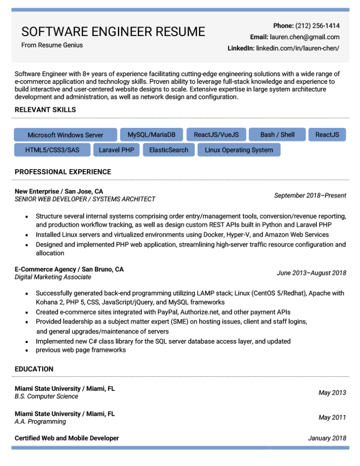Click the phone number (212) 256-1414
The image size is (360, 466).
click(317, 25)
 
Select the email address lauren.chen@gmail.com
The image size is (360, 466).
click(304, 37)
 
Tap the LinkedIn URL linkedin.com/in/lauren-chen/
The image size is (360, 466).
click(298, 48)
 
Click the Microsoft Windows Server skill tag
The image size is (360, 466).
click(65, 135)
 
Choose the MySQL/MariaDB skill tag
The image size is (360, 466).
click(152, 134)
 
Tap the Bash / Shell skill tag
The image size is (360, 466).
click(277, 134)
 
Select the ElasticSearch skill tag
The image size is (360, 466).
click(169, 150)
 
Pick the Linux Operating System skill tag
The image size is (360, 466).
click(239, 150)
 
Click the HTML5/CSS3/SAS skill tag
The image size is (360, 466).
click(52, 150)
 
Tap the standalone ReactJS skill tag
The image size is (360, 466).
click(327, 134)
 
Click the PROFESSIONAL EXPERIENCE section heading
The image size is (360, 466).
click(63, 172)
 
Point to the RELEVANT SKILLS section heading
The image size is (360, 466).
click(45, 110)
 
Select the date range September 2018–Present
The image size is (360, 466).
click(310, 195)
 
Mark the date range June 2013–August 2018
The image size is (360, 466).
click(311, 273)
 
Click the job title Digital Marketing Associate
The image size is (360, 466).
click(53, 277)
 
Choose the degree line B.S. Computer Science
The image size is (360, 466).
click(46, 396)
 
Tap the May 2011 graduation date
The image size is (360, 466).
click(332, 417)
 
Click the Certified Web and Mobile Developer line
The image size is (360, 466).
click(67, 438)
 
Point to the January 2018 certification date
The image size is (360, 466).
click(327, 438)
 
